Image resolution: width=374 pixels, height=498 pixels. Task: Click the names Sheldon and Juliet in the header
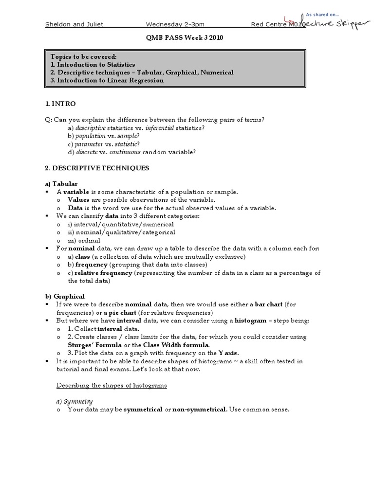[x=74, y=24]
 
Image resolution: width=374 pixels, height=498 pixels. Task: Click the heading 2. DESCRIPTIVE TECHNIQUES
[x=97, y=168]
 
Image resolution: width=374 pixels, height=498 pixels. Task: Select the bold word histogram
[x=250, y=320]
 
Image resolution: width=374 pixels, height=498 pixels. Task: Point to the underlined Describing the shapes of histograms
[x=112, y=385]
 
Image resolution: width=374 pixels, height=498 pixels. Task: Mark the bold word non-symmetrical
[x=199, y=409]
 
